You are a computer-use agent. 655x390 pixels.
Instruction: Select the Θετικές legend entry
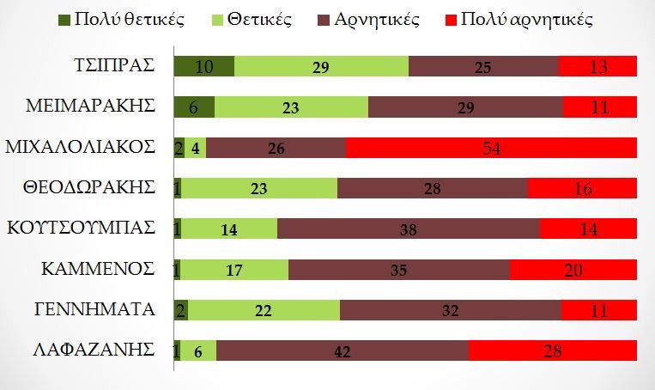[262, 19]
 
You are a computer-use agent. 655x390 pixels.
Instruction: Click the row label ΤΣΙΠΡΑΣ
[115, 66]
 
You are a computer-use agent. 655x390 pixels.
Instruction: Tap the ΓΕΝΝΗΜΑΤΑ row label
[97, 309]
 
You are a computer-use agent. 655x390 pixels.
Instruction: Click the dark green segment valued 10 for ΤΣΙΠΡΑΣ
[204, 66]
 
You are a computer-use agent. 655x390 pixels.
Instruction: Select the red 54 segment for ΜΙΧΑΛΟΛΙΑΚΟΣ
[491, 147]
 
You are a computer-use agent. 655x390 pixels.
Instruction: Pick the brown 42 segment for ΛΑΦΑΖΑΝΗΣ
[343, 350]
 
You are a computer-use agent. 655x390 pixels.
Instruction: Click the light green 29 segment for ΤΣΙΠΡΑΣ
[322, 66]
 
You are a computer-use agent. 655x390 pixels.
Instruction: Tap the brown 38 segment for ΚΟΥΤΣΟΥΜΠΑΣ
[409, 229]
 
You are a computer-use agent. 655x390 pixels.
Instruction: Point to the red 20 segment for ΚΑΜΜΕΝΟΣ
[573, 269]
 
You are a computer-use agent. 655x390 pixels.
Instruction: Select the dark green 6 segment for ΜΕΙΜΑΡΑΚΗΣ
[194, 107]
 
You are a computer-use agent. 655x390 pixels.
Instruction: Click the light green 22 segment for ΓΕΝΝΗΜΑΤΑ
[264, 309]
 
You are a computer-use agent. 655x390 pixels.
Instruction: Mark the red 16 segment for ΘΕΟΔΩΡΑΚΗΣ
[582, 188]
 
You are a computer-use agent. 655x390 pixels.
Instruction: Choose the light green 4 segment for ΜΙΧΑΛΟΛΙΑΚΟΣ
[196, 147]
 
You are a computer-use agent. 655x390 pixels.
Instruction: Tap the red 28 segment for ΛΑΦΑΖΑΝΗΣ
[553, 350]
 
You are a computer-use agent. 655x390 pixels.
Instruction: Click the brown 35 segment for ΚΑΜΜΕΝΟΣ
[399, 269]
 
